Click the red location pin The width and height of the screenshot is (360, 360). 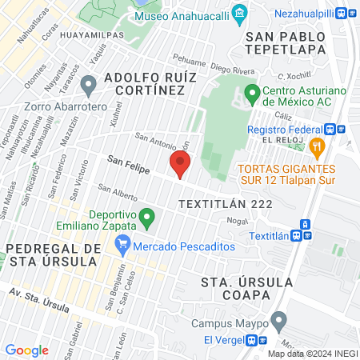[180, 166]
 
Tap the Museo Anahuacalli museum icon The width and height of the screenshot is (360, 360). [238, 14]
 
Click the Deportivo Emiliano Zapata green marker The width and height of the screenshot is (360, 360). [146, 216]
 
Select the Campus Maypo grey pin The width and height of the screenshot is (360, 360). [279, 322]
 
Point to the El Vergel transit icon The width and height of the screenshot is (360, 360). [258, 340]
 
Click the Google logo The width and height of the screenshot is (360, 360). [26, 350]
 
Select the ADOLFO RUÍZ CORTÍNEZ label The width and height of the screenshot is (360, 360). [145, 85]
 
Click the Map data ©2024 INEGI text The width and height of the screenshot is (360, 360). [313, 353]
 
